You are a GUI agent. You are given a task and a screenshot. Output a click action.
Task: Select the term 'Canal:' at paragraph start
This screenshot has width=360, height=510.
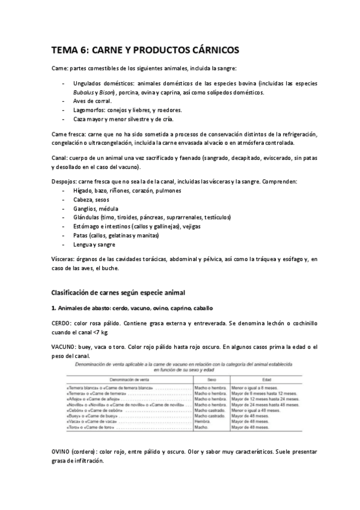pyautogui.click(x=60, y=157)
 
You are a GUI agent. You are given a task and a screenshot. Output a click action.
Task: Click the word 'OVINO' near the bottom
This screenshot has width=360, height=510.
pyautogui.click(x=63, y=452)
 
